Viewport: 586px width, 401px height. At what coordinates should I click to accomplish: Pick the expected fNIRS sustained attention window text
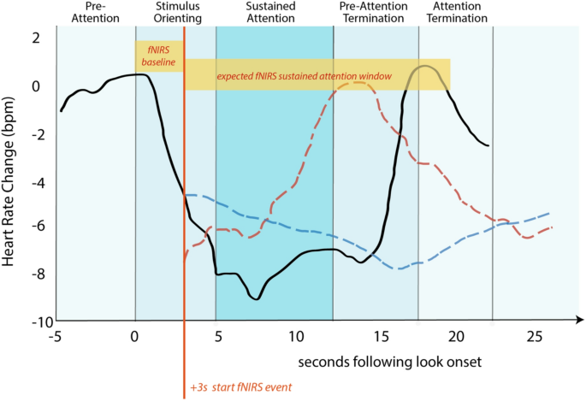304,76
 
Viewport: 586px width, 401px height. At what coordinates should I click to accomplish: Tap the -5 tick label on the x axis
55,336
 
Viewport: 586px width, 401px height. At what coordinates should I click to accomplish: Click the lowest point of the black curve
256,298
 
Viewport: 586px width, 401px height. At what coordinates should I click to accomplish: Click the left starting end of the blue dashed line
186,195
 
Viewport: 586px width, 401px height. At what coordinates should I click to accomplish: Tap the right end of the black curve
488,145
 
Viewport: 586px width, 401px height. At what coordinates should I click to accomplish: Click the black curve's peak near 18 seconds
425,66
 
